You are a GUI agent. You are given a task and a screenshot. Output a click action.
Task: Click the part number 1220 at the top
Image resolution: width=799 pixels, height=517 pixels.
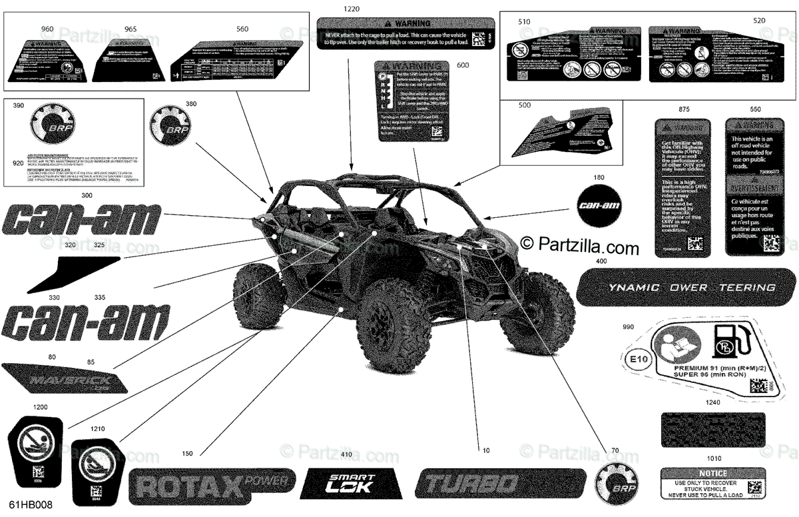pos(351,9)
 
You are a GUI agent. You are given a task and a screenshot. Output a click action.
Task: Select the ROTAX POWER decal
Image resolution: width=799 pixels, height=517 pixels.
pos(210,484)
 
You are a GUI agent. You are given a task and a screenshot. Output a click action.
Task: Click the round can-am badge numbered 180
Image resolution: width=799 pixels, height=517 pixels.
pos(599,205)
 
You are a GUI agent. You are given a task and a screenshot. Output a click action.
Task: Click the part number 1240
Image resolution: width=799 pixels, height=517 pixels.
pos(713,402)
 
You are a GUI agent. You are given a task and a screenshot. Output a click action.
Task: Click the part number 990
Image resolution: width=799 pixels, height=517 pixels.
pos(628,327)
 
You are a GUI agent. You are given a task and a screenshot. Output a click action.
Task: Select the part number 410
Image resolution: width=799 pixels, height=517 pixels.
pos(345,455)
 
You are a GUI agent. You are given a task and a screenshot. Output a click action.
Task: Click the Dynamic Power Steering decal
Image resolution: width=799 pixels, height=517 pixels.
pos(686,287)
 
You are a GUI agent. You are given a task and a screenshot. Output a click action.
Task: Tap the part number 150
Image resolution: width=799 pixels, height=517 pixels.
pos(187,454)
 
